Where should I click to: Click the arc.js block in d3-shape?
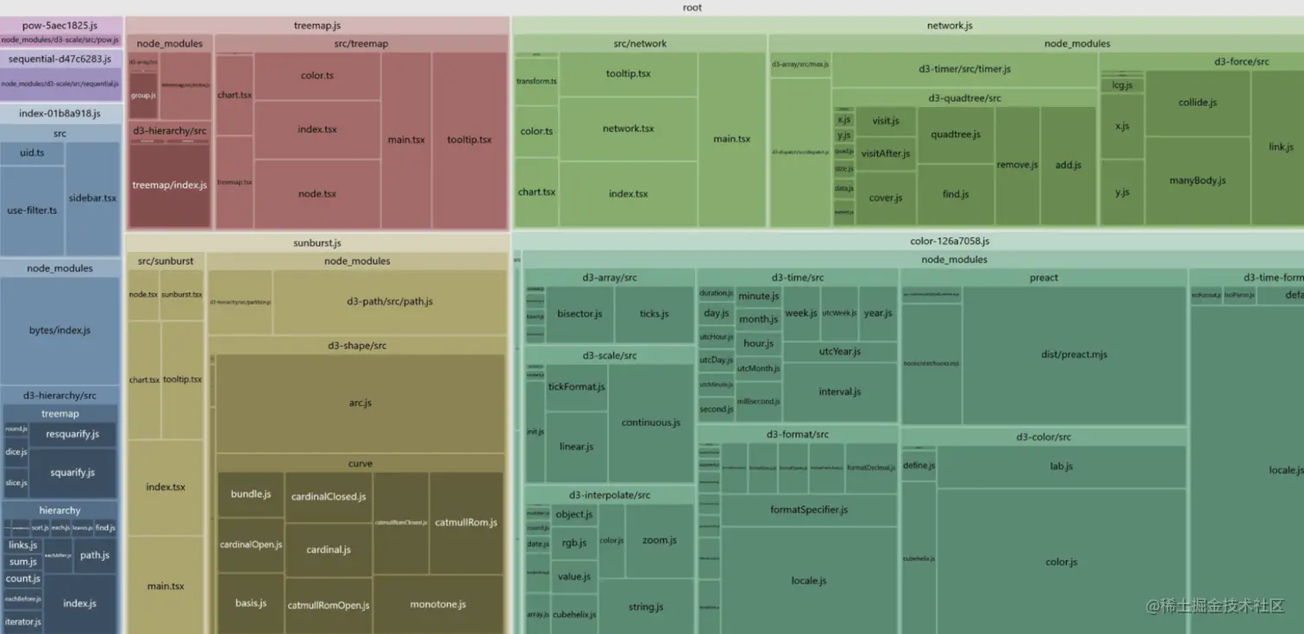click(360, 403)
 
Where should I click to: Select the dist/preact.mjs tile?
click(1074, 355)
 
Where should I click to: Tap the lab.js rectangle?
click(1061, 467)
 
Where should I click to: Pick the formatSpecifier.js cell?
click(808, 510)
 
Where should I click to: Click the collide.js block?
click(1197, 103)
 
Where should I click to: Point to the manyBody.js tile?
click(1197, 180)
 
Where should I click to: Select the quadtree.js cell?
click(956, 135)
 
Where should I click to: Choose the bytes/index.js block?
click(60, 330)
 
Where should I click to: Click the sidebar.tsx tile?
click(92, 198)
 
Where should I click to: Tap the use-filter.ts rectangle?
click(32, 210)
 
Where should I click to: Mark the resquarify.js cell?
click(72, 434)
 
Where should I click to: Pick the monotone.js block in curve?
click(438, 604)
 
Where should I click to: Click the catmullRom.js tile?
click(466, 523)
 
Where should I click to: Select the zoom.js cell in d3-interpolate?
click(659, 540)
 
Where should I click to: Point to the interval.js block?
click(839, 392)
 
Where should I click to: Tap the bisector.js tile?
click(580, 314)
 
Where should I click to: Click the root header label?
click(692, 8)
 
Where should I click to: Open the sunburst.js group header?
click(317, 243)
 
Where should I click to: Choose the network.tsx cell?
click(628, 129)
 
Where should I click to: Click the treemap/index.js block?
click(169, 185)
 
